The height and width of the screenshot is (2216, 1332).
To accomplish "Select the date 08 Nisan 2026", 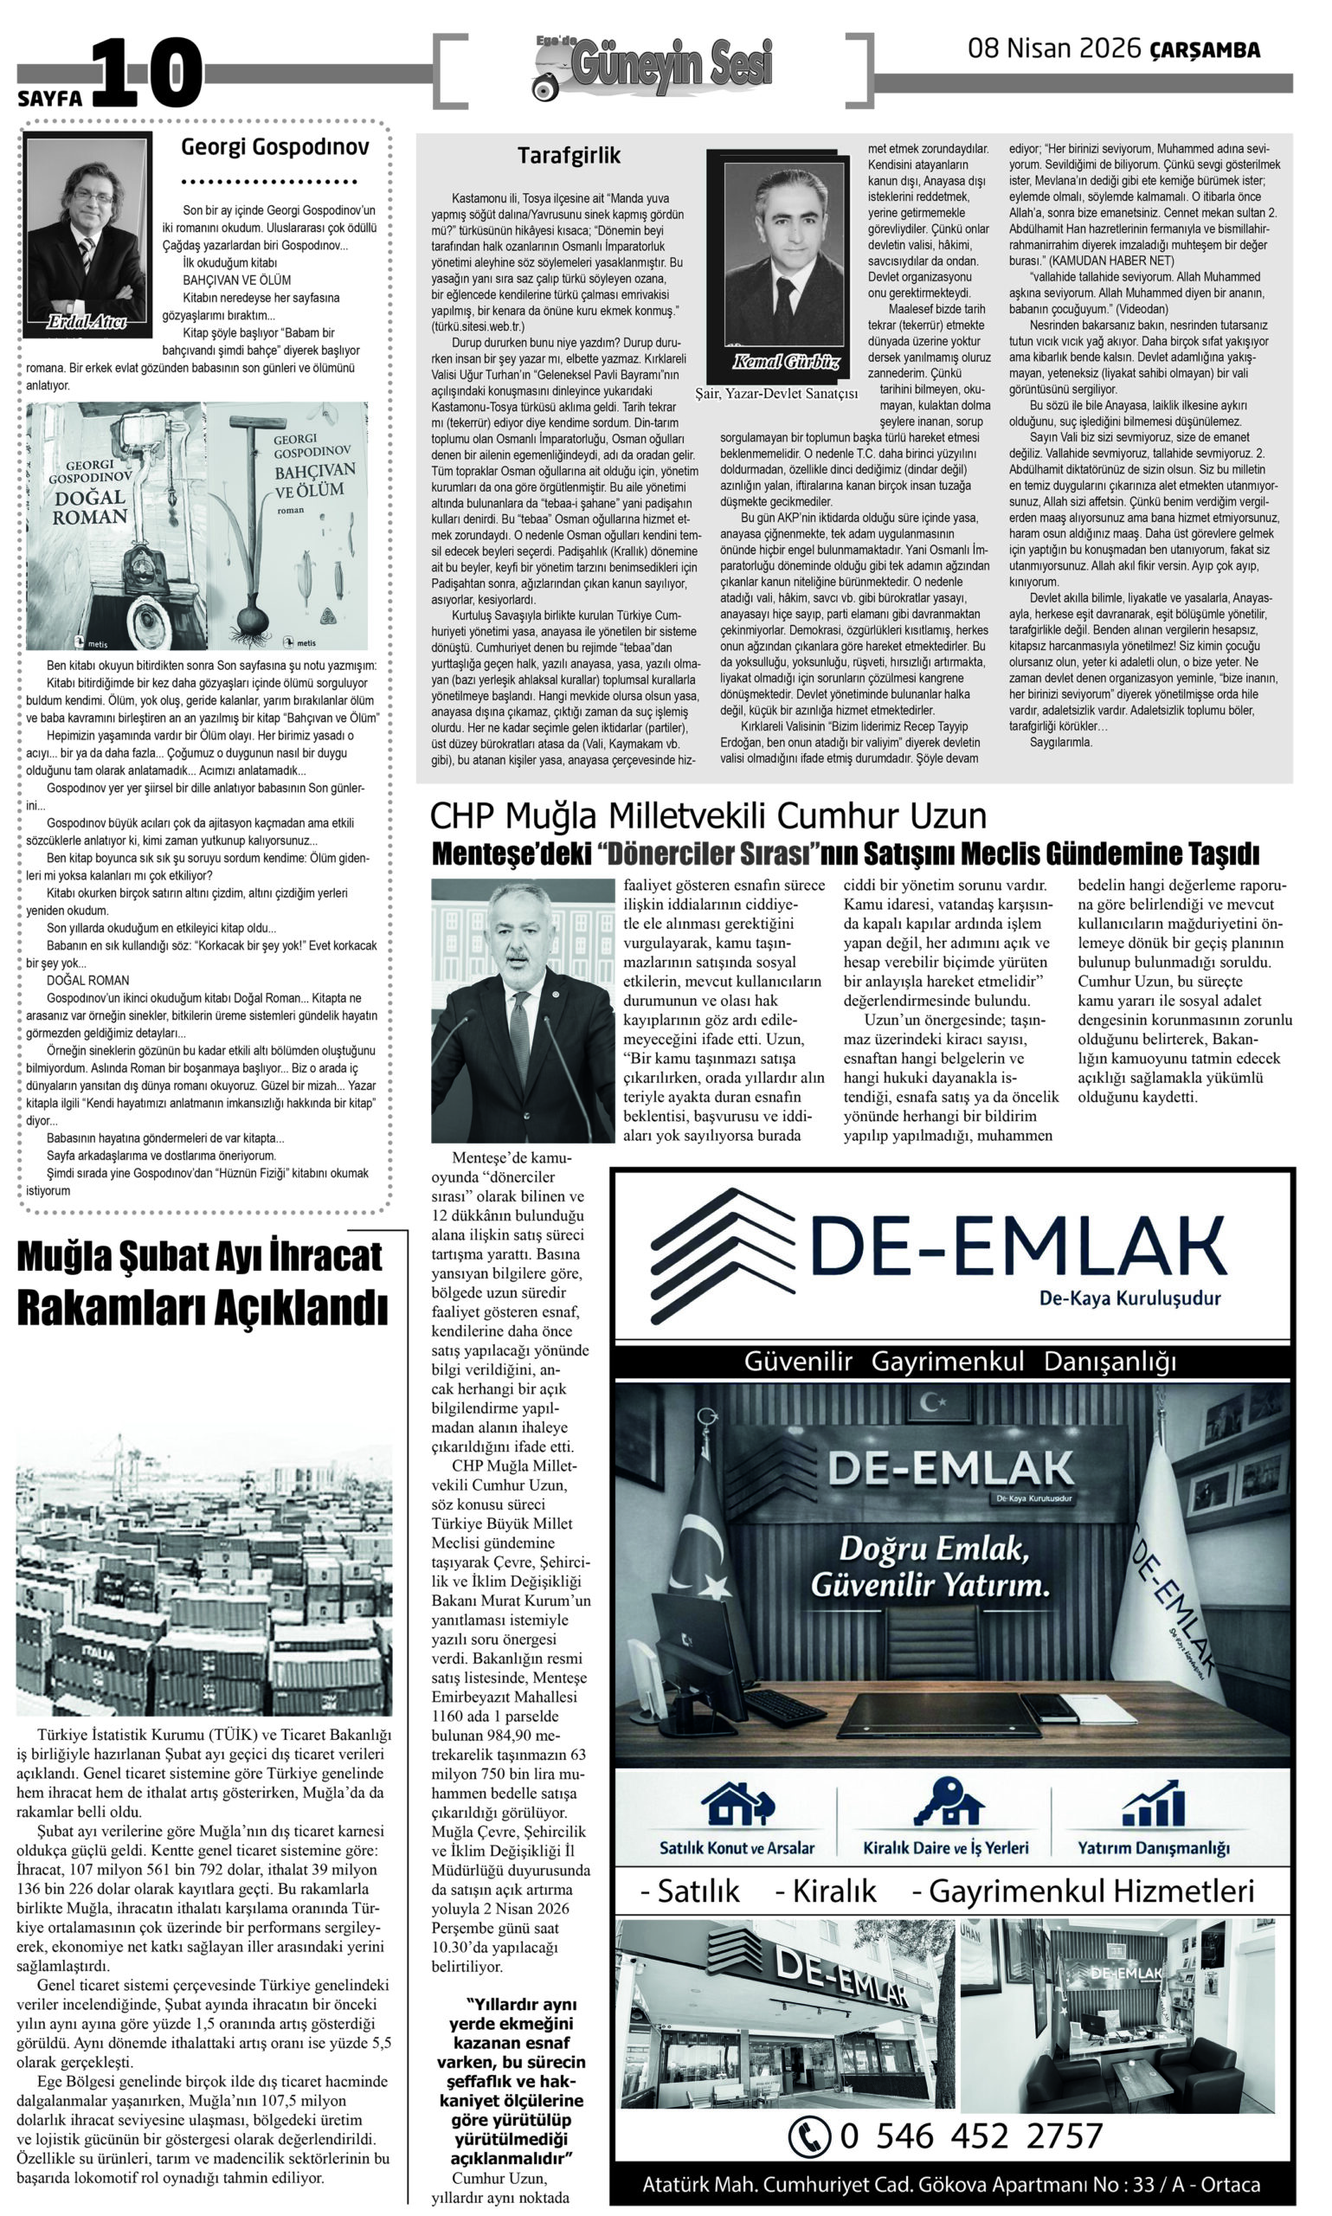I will tap(1054, 49).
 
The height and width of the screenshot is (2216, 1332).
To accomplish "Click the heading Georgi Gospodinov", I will tap(274, 147).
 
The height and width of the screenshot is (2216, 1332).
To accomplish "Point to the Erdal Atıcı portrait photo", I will tap(87, 232).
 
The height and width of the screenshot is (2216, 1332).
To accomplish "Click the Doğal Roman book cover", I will tap(116, 525).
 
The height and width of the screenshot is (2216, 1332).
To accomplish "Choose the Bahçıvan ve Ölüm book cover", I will tap(287, 525).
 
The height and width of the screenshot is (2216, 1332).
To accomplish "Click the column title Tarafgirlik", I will tap(569, 156).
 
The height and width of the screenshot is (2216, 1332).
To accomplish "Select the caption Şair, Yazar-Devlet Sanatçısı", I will tap(776, 393).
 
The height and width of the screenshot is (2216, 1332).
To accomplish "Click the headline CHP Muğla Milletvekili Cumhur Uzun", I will tap(707, 816).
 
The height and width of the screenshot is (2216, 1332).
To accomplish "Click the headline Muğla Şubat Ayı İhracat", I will tap(200, 1257).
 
